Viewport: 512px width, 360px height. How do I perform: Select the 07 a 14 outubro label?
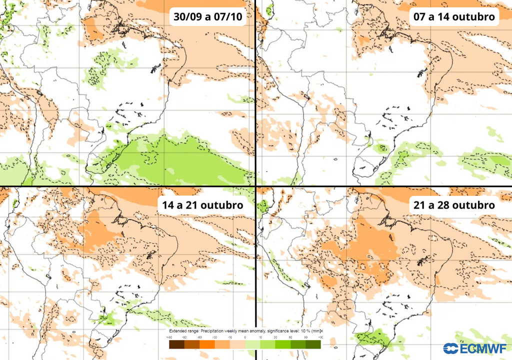(454, 17)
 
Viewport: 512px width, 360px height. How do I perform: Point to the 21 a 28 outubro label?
(454, 205)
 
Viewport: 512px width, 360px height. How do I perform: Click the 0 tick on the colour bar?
(245, 337)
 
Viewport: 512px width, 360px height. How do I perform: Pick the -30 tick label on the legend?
(214, 337)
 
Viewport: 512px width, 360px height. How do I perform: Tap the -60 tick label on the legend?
(199, 337)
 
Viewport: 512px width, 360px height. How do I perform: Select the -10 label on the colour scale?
(229, 337)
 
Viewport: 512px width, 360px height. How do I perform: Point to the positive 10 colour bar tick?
(260, 337)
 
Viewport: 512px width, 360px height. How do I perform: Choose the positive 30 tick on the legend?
(275, 337)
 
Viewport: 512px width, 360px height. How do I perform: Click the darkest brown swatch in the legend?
(176, 344)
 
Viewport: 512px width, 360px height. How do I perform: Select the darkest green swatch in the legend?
(313, 344)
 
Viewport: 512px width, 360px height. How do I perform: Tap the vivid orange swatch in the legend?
(207, 344)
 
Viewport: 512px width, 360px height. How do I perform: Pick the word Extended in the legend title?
(177, 331)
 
